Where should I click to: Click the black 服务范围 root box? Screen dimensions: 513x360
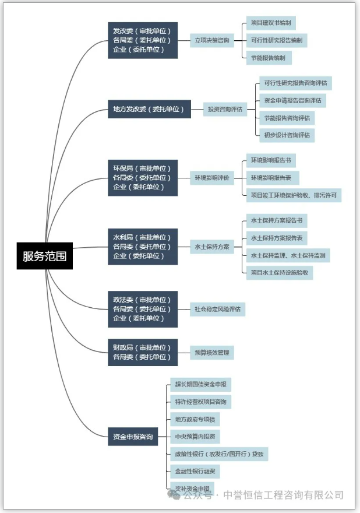click(44, 255)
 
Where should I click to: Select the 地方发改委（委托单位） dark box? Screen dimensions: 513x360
click(148, 109)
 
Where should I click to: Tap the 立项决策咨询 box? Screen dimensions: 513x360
click(211, 41)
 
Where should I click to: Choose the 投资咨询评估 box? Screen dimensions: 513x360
click(225, 109)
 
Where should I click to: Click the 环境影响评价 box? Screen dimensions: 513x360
click(211, 178)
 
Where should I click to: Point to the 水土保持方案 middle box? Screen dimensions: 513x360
click(211, 247)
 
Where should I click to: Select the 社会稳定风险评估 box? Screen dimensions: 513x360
click(217, 309)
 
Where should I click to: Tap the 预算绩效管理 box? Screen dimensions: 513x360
click(211, 352)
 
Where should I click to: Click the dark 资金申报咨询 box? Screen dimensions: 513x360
click(133, 436)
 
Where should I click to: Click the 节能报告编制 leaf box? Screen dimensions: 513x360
click(268, 58)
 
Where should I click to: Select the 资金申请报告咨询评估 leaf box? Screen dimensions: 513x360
click(292, 100)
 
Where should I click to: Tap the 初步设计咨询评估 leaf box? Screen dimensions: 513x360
click(287, 135)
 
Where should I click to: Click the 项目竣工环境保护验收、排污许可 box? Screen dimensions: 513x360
click(293, 195)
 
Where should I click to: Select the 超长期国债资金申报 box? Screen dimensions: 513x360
click(200, 384)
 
